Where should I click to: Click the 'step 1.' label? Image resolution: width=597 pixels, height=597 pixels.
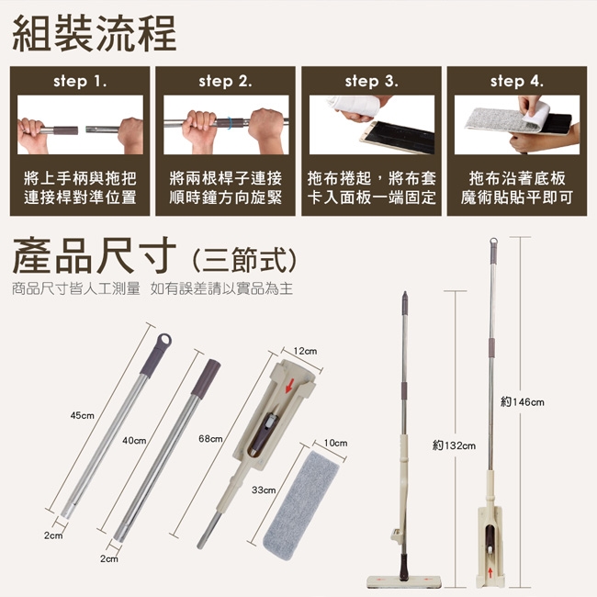[80, 81]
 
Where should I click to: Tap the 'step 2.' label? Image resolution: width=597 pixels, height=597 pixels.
[225, 81]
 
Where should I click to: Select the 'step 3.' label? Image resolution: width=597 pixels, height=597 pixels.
[372, 81]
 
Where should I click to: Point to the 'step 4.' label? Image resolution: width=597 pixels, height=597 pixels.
[517, 81]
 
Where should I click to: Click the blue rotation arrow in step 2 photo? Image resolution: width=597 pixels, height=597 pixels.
[230, 122]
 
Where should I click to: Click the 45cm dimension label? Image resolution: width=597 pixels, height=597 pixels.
[83, 415]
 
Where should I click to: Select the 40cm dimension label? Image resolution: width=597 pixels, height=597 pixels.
[134, 441]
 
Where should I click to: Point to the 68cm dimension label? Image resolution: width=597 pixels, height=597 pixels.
[210, 439]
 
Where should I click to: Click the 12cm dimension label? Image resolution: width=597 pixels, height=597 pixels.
[305, 351]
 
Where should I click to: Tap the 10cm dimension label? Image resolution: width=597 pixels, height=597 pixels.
[336, 443]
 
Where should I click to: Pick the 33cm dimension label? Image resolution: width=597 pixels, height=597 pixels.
[264, 490]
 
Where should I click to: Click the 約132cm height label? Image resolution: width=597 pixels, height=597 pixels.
[455, 445]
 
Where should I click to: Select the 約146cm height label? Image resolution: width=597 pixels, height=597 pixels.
[523, 401]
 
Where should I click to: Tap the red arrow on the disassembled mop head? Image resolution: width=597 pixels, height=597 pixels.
[289, 387]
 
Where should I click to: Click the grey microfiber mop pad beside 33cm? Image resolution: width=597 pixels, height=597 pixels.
[301, 506]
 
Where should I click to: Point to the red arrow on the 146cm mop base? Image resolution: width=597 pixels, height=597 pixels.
[490, 572]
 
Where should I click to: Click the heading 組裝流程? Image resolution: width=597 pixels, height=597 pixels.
[95, 33]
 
